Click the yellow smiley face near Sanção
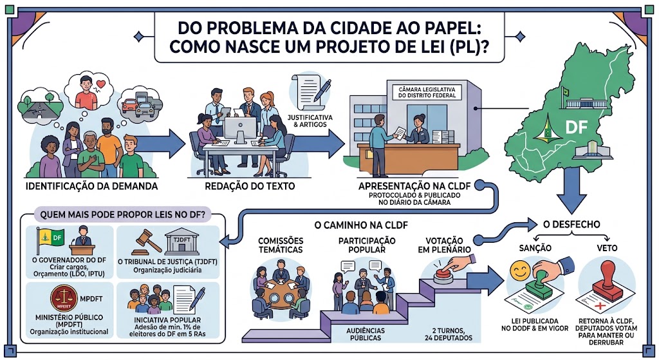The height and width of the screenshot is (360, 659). click(x=520, y=270)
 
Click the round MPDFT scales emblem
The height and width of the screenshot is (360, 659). click(x=64, y=298)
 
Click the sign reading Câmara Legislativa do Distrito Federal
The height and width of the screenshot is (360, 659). click(x=427, y=93)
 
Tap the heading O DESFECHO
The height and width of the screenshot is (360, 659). click(x=571, y=225)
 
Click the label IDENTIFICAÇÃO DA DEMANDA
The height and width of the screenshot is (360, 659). click(x=91, y=186)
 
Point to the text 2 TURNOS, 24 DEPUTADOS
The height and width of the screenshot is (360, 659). click(x=448, y=334)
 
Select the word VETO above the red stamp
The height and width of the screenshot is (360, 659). click(x=607, y=248)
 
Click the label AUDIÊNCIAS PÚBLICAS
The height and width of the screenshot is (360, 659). click(x=366, y=334)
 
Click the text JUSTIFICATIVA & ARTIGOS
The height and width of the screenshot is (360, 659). click(x=310, y=120)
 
